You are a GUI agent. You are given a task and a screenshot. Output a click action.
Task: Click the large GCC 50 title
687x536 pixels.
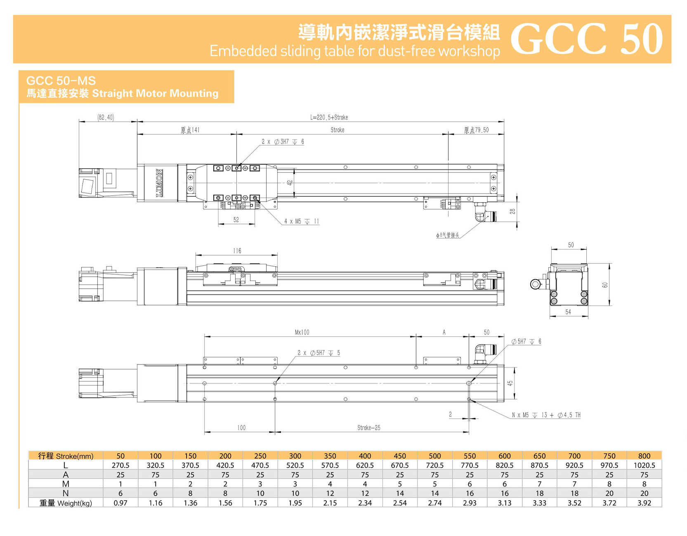pos(586,39)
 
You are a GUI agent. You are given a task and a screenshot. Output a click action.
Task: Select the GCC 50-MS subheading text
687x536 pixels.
pos(61,81)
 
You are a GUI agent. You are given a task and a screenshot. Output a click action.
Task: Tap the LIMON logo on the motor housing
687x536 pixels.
pos(159,183)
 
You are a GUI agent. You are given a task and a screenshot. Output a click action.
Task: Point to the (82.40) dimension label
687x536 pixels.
pos(106,118)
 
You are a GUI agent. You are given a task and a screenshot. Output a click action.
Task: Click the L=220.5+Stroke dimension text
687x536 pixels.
pos(329,118)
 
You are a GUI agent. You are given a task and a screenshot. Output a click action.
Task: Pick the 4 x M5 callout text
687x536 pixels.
pos(301,221)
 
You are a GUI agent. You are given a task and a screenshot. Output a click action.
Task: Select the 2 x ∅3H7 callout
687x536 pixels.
pos(283,142)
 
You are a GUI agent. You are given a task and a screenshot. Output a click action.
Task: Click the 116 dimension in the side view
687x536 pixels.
pos(237,251)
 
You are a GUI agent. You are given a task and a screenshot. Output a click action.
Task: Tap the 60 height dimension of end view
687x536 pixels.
pos(605,284)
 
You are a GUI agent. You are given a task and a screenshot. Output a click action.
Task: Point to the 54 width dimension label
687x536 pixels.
pos(568,312)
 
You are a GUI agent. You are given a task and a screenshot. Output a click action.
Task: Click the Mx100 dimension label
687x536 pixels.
pos(302,332)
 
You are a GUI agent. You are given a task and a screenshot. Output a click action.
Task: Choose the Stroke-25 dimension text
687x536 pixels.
pos(369,428)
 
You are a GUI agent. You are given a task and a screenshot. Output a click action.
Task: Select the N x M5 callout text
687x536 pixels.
pos(546,415)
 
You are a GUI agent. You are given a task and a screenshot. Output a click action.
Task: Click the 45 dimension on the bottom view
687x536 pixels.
pos(510,383)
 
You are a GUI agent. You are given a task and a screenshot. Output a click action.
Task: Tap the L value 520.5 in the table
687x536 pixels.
pos(295,465)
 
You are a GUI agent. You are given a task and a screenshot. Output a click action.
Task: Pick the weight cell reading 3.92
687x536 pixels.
pos(644,503)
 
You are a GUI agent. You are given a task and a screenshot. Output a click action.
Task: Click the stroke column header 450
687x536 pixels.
pos(400,456)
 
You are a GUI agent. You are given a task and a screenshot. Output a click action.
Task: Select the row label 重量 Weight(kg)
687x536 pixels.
pos(66,503)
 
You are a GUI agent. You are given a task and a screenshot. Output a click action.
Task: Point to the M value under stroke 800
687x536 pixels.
pos(644,484)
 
